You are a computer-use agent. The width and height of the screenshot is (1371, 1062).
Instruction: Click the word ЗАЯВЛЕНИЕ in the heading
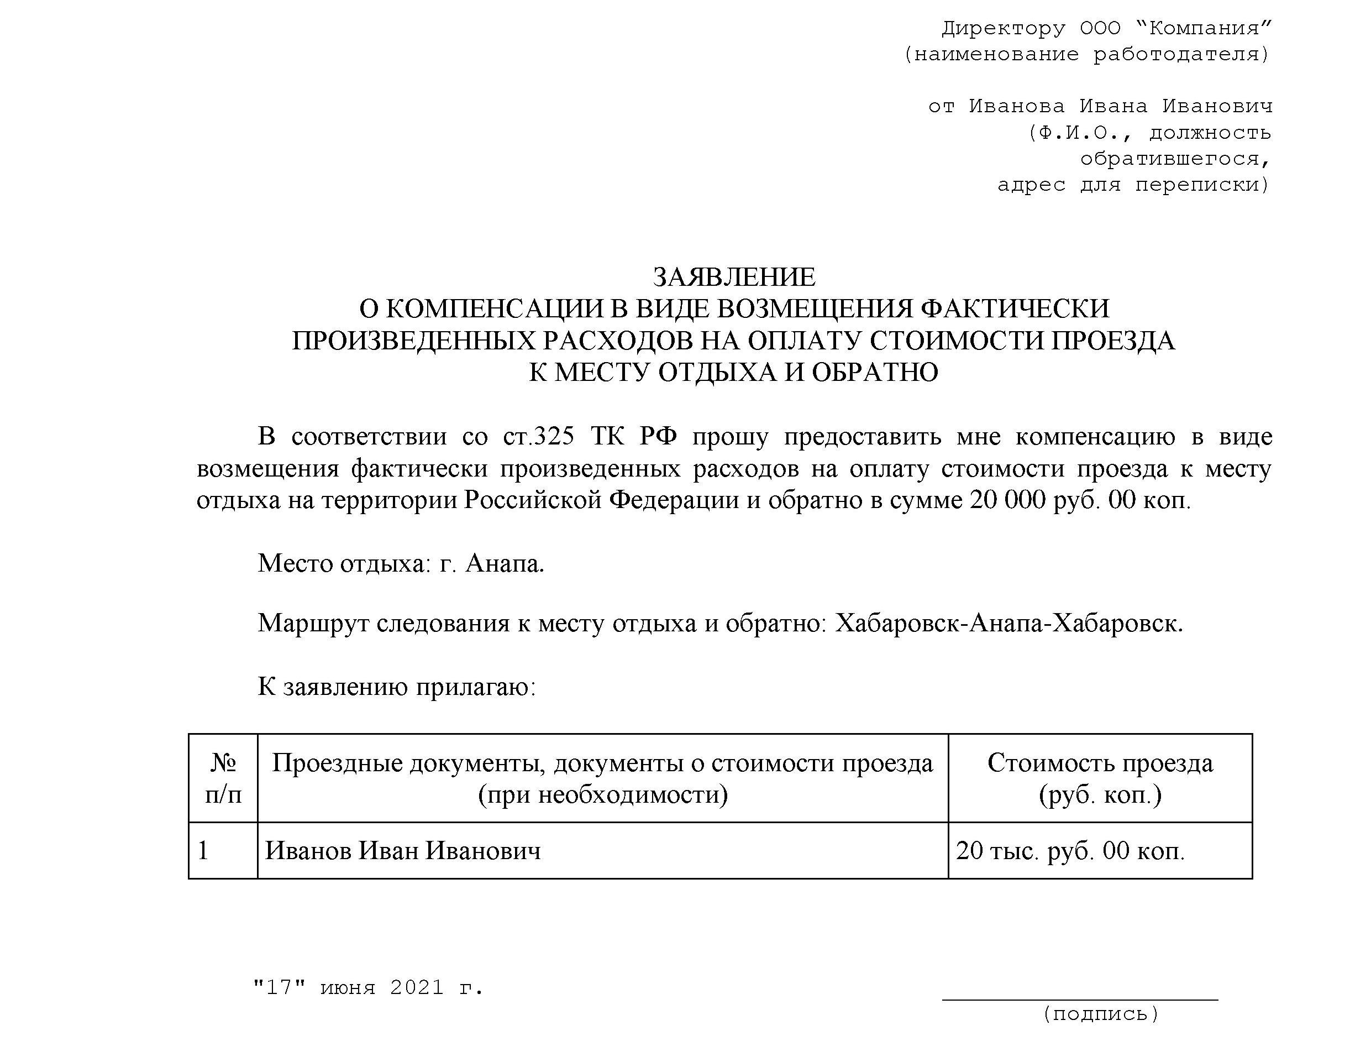click(x=734, y=277)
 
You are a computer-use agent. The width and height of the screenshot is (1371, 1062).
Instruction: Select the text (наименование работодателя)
click(x=1086, y=55)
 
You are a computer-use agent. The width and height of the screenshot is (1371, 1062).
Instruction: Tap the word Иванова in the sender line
click(x=1016, y=106)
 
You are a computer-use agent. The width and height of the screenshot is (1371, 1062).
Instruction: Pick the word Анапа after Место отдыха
click(x=504, y=564)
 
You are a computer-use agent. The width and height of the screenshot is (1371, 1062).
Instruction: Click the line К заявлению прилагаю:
click(x=397, y=687)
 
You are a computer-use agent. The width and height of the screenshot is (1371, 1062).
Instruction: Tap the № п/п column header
click(x=223, y=779)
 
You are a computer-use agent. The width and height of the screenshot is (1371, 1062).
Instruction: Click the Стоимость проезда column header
click(x=1100, y=779)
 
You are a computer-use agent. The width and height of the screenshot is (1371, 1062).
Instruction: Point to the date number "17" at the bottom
click(x=280, y=988)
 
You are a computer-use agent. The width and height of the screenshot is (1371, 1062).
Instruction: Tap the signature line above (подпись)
click(x=1080, y=998)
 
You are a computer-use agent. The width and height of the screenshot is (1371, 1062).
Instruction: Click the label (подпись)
click(x=1100, y=1014)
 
